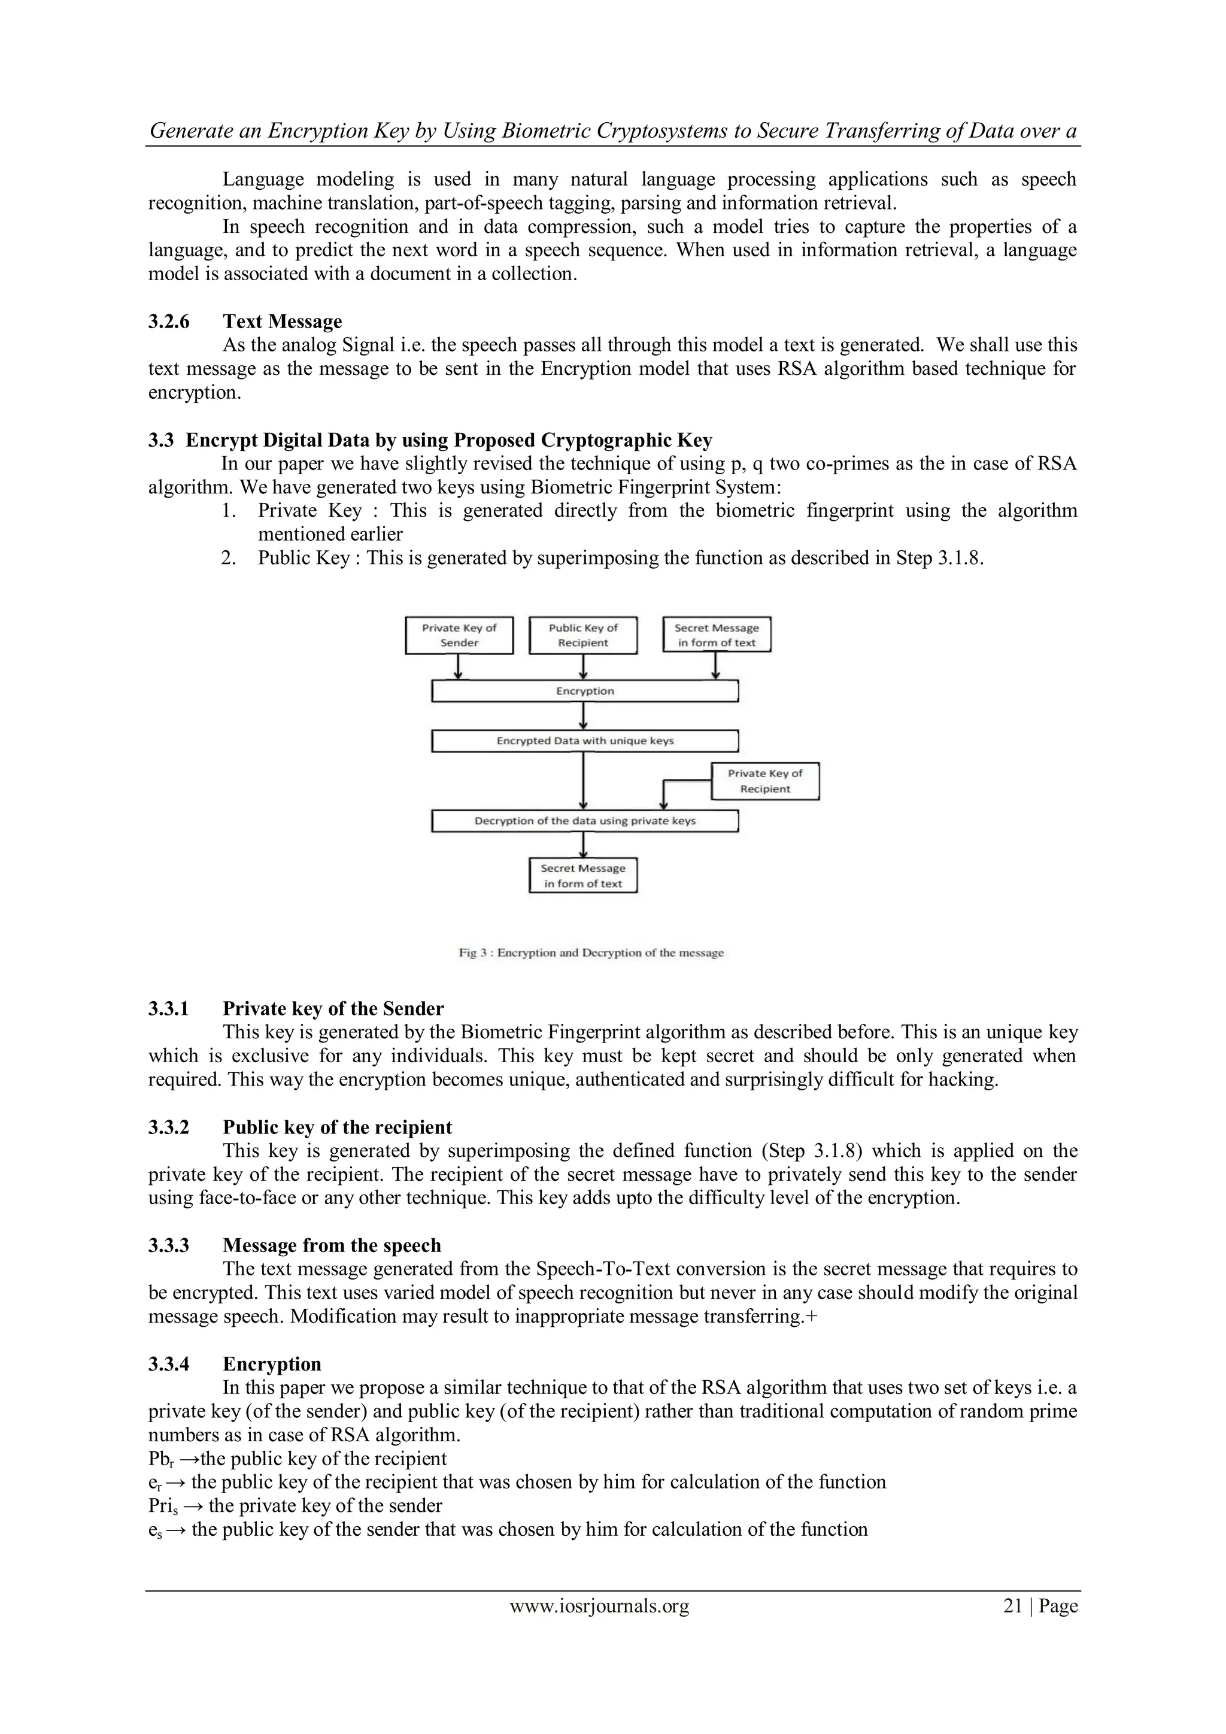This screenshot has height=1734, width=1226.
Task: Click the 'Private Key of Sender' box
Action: tap(459, 635)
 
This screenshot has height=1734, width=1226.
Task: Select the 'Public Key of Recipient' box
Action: tap(583, 635)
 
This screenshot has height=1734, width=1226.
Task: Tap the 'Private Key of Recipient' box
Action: tap(764, 781)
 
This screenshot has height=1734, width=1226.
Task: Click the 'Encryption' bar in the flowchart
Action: tap(584, 691)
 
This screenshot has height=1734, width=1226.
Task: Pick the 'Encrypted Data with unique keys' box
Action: tap(584, 741)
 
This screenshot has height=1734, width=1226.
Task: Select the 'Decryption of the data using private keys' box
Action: tap(584, 821)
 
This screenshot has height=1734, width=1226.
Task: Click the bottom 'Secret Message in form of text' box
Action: tap(583, 876)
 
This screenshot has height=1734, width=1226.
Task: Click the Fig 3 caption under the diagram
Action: tap(591, 953)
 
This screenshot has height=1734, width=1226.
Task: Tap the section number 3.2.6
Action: tap(168, 322)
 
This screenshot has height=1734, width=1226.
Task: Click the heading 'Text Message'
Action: tap(283, 322)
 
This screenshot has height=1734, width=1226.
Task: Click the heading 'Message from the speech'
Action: tap(332, 1245)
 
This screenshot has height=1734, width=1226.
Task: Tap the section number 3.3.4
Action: tap(168, 1364)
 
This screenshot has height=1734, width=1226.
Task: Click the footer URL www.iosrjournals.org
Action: tap(599, 1606)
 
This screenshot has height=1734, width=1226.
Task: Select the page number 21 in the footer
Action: tap(1012, 1606)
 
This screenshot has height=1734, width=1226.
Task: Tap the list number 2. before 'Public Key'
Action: tap(230, 558)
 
